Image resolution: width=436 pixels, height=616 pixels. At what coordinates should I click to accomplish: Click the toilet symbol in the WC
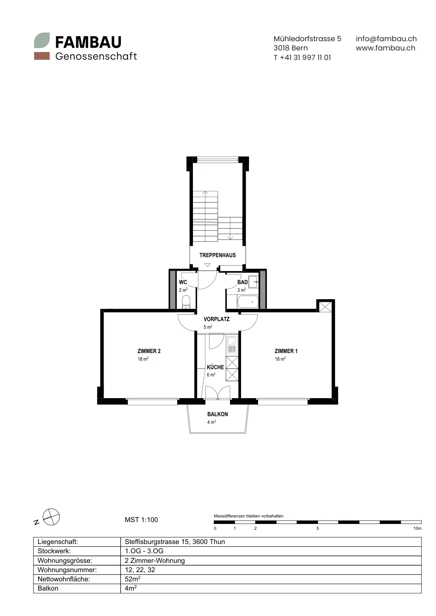pyautogui.click(x=186, y=302)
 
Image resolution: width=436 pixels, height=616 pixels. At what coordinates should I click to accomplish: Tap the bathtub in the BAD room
pyautogui.click(x=248, y=302)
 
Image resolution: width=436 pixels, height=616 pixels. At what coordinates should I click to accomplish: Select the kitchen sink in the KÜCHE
pyautogui.click(x=232, y=345)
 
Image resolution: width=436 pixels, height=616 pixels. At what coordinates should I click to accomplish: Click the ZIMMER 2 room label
pyautogui.click(x=149, y=351)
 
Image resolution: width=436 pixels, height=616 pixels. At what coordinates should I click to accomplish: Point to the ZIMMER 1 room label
pyautogui.click(x=286, y=351)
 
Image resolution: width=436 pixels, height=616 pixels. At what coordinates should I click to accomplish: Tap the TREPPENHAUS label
pyautogui.click(x=217, y=255)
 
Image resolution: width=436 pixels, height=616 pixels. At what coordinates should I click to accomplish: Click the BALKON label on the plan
pyautogui.click(x=217, y=414)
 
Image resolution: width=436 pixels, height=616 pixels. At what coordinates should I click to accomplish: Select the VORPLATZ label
pyautogui.click(x=216, y=319)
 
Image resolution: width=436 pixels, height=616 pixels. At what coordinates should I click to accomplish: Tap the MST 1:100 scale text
pyautogui.click(x=141, y=520)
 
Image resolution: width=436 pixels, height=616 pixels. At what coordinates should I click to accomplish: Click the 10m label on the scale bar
pyautogui.click(x=417, y=528)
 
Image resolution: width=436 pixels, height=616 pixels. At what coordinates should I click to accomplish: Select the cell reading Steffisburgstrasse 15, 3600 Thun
pyautogui.click(x=175, y=542)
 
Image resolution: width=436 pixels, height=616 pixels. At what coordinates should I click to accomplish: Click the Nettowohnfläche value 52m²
pyautogui.click(x=132, y=579)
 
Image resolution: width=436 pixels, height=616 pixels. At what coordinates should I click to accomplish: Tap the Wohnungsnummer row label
pyautogui.click(x=67, y=569)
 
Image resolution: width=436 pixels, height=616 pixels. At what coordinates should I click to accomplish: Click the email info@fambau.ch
pyautogui.click(x=386, y=38)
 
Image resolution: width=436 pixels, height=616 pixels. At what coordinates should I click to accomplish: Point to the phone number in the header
pyautogui.click(x=302, y=57)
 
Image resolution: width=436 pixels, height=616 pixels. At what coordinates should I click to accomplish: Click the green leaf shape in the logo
pyautogui.click(x=42, y=40)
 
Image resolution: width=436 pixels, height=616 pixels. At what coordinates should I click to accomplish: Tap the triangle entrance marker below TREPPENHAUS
pyautogui.click(x=208, y=265)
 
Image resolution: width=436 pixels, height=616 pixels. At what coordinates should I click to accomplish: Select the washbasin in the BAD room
pyautogui.click(x=253, y=282)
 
